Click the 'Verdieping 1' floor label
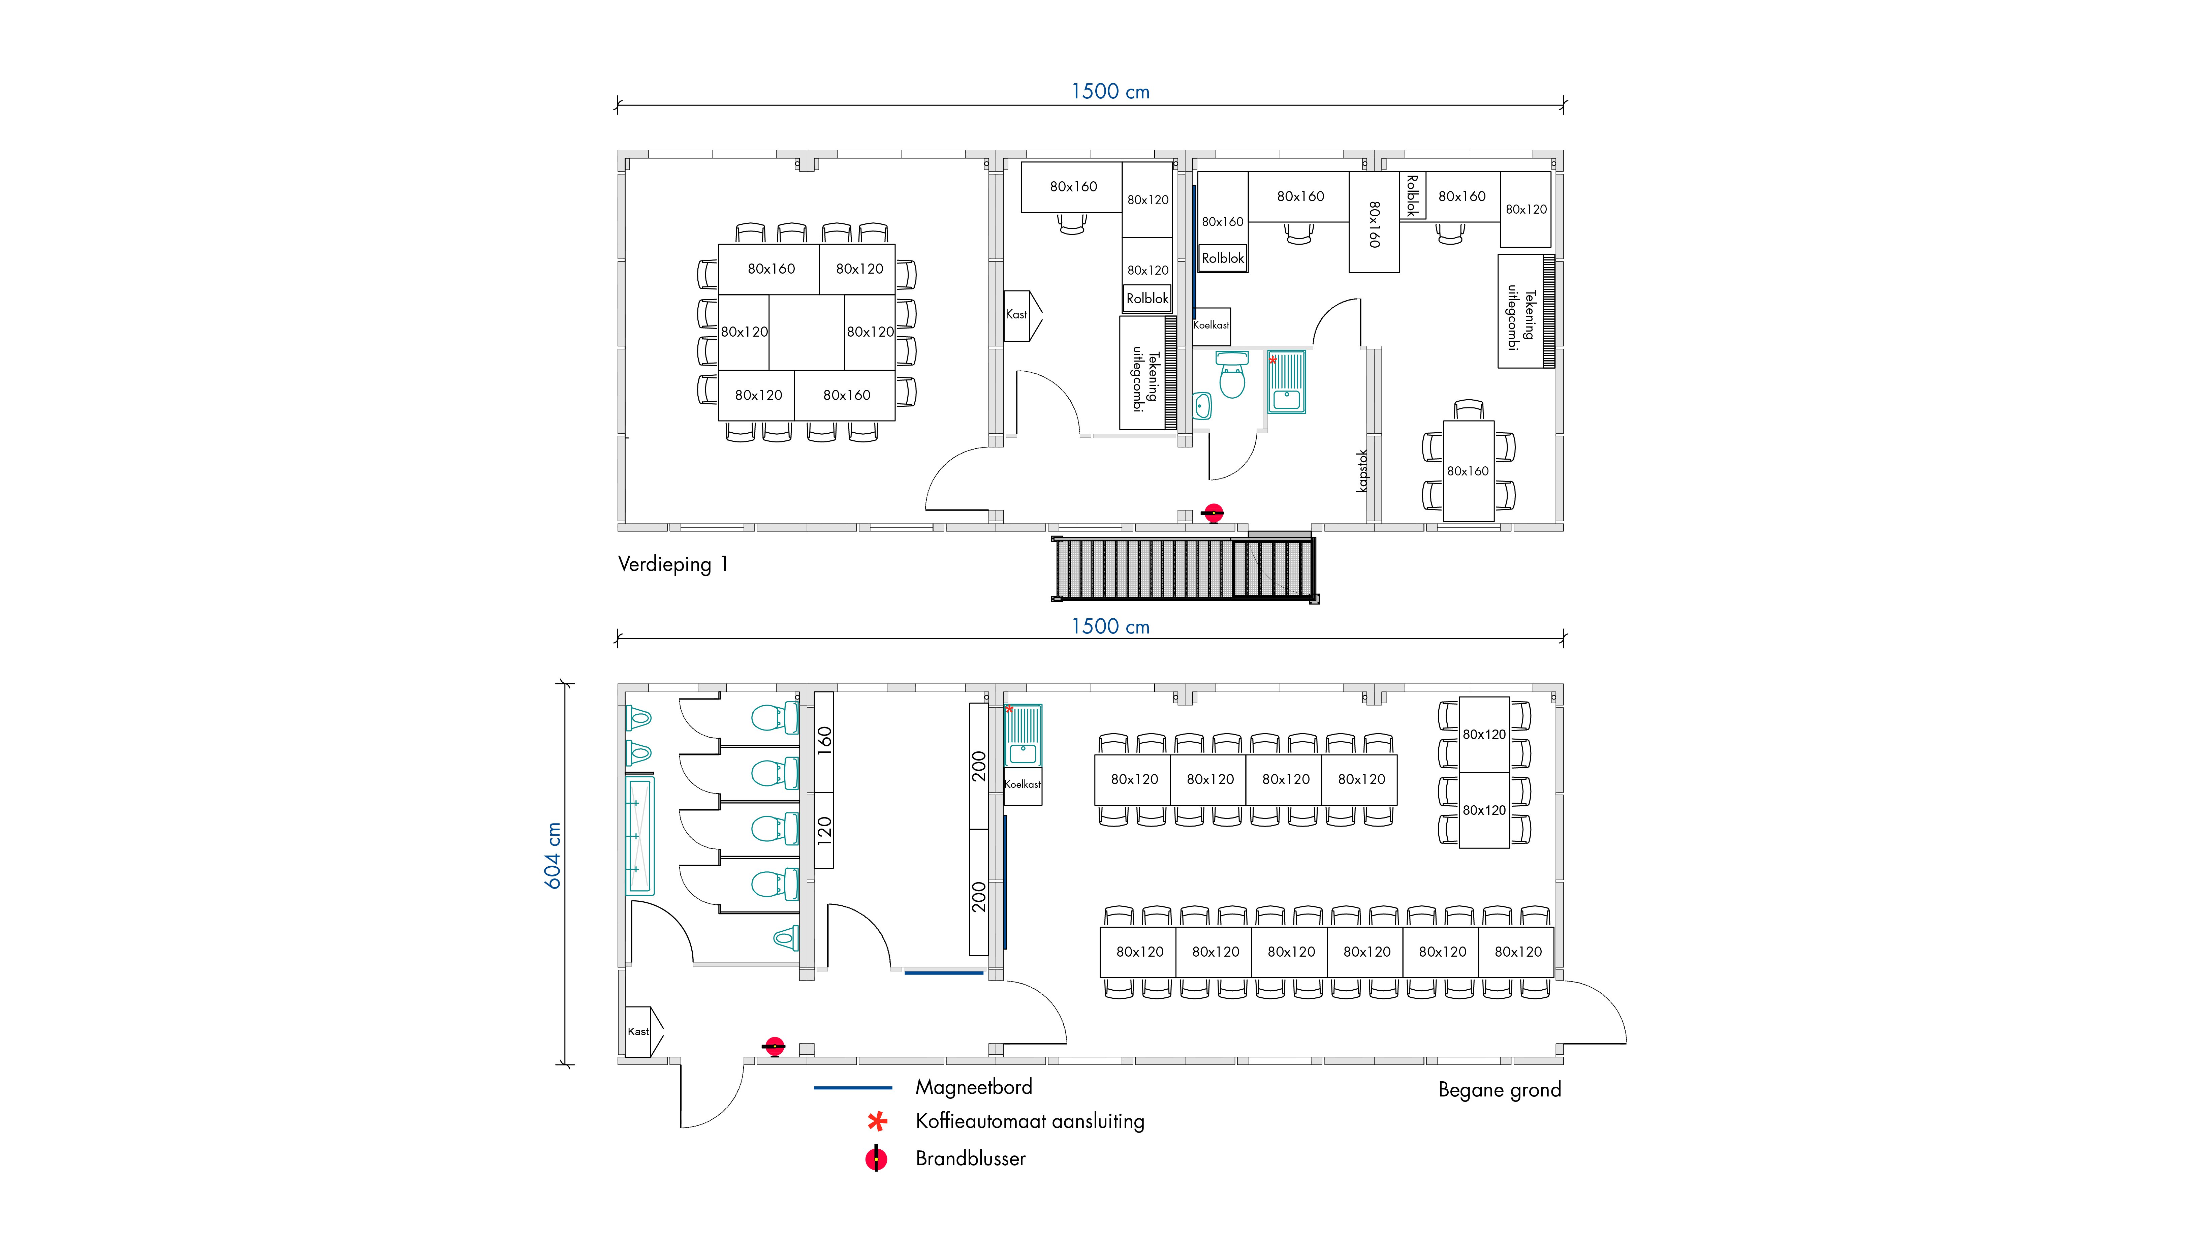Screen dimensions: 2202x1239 673,564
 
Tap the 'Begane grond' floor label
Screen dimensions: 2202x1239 1499,1090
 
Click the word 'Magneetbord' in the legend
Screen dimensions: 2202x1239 974,1087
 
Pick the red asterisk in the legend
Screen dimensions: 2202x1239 877,1121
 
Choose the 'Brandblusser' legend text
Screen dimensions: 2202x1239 970,1158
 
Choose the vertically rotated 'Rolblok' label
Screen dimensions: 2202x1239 1412,196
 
